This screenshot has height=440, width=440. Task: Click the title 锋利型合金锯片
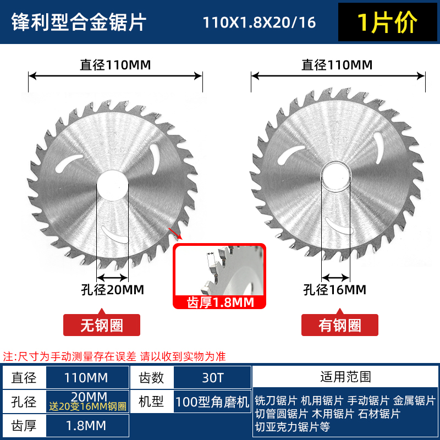79,23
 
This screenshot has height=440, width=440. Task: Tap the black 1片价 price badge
387,23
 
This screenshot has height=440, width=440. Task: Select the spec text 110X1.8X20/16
260,23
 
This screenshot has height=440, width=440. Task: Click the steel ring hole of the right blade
335,177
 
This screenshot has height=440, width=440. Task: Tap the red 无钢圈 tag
102,325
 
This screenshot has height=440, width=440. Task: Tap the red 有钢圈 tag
339,325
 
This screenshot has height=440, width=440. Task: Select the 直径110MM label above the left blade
115,65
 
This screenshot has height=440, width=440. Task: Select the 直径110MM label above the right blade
337,65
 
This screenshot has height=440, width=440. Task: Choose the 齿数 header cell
151,377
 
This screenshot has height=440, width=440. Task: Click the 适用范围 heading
345,377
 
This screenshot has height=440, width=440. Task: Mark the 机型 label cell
151,402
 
